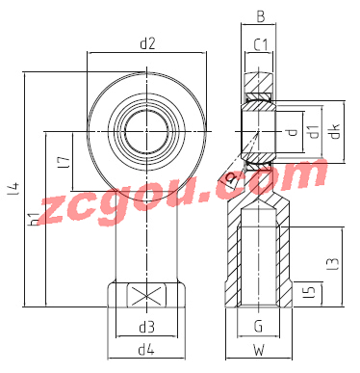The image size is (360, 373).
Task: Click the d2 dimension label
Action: click(x=147, y=43)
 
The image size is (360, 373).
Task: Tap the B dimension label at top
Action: click(x=261, y=16)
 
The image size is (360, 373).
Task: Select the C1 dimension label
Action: click(x=261, y=44)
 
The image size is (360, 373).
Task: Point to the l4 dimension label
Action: click(x=13, y=188)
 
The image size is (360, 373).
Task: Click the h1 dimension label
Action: click(x=34, y=219)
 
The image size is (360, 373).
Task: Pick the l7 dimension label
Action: click(x=64, y=163)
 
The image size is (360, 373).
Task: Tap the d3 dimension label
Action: click(x=146, y=327)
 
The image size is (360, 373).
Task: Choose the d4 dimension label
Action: click(x=146, y=350)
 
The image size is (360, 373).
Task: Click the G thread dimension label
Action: click(x=258, y=327)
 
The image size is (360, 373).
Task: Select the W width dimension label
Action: click(x=258, y=350)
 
